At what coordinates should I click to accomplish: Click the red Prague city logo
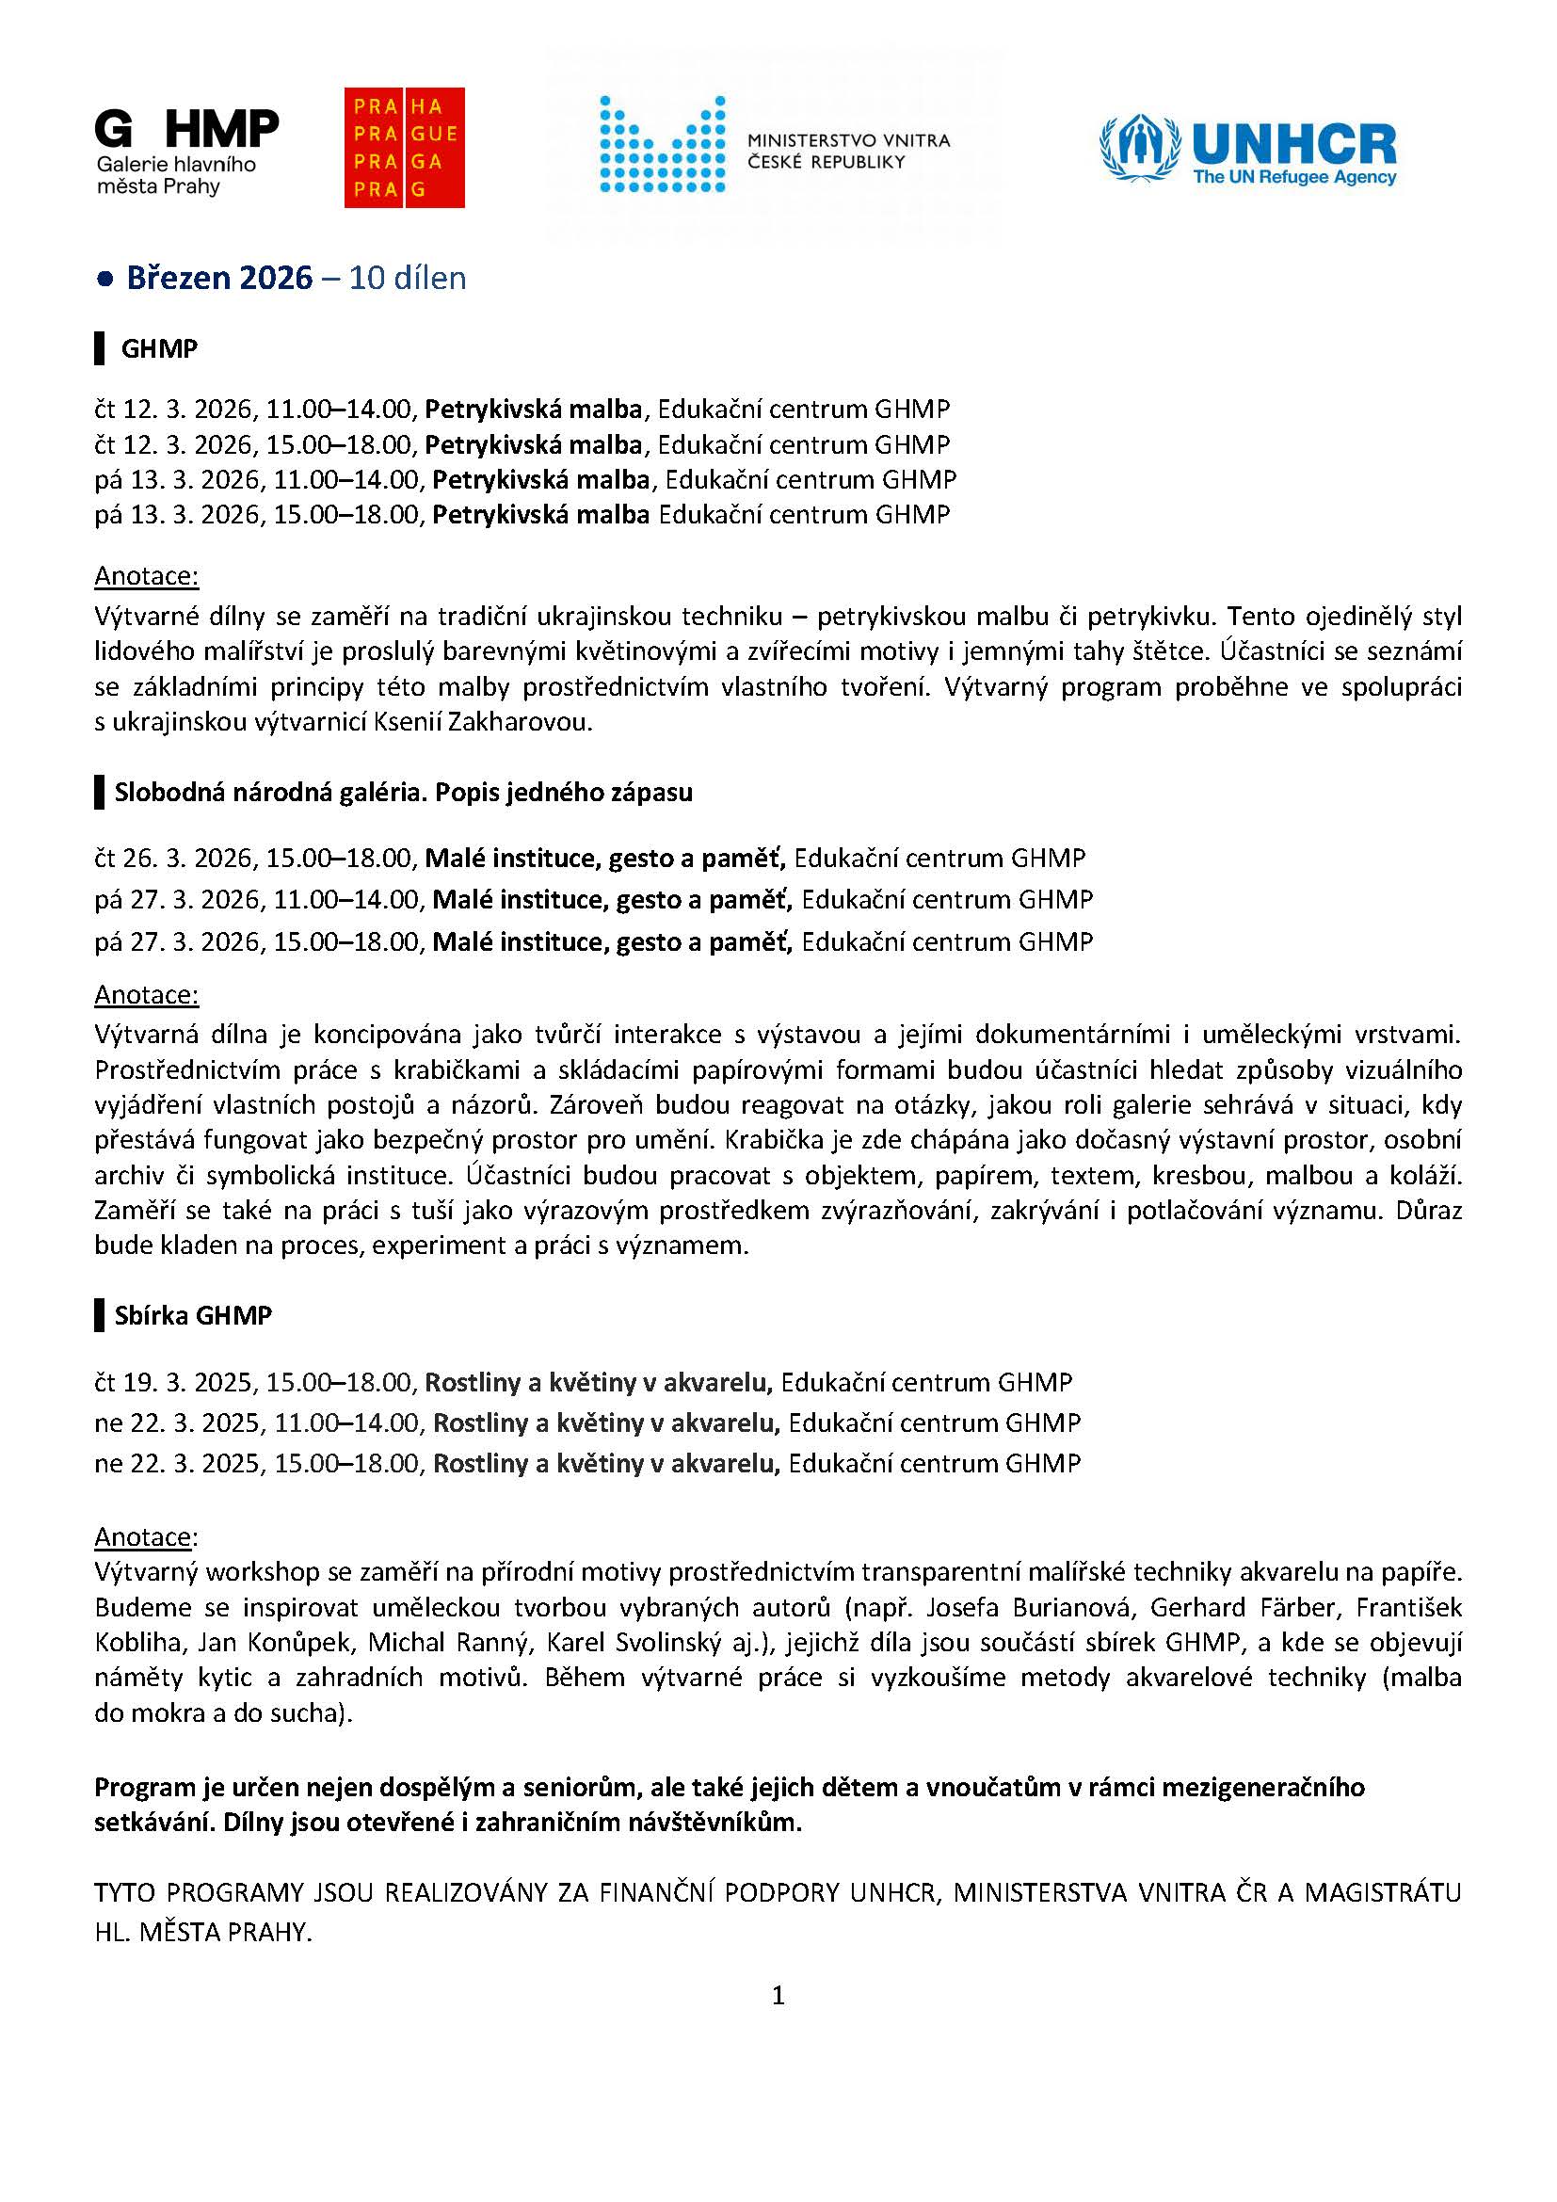pyautogui.click(x=404, y=148)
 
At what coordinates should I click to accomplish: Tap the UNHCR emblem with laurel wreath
pyautogui.click(x=1139, y=148)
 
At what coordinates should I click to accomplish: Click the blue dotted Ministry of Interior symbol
pyautogui.click(x=662, y=144)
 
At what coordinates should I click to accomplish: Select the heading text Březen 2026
pyautogui.click(x=219, y=278)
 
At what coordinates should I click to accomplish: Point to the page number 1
pyautogui.click(x=778, y=1996)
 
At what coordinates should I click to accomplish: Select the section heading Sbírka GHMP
pyautogui.click(x=193, y=1315)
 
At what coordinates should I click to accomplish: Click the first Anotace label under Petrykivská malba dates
pyautogui.click(x=146, y=576)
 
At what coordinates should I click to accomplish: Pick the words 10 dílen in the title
pyautogui.click(x=408, y=278)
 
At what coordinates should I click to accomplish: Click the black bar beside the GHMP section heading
pyautogui.click(x=99, y=348)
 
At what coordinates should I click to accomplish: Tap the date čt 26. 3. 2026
pyautogui.click(x=175, y=858)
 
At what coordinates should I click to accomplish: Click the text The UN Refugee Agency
pyautogui.click(x=1294, y=177)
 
